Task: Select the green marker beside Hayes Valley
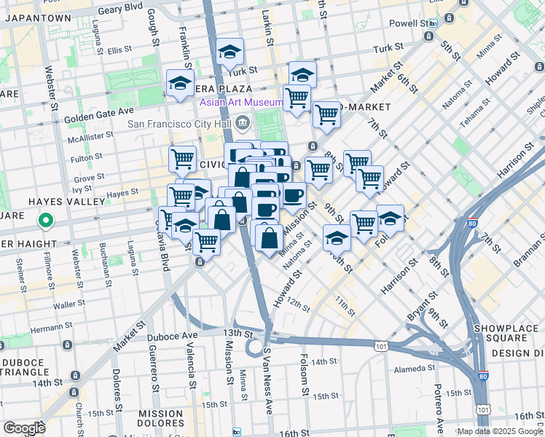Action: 44,219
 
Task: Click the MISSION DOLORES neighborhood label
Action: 160,419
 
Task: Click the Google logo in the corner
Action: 24,428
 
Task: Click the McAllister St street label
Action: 87,135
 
